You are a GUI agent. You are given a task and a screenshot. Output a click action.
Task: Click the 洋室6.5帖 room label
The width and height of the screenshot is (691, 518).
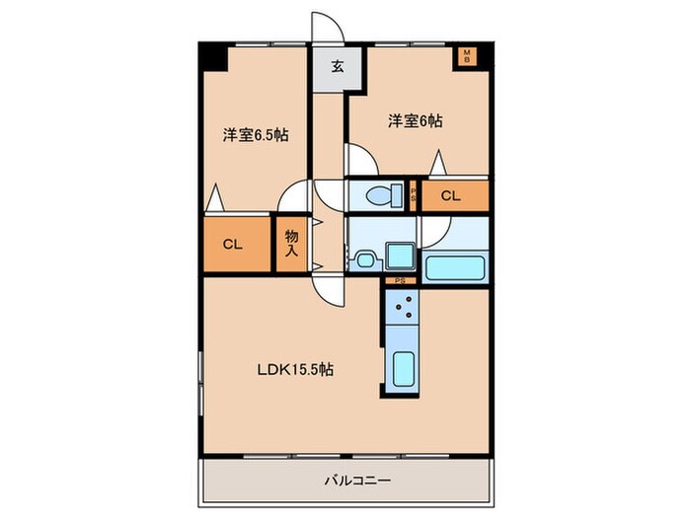(255, 134)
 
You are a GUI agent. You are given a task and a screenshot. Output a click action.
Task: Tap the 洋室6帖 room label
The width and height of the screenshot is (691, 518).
(414, 121)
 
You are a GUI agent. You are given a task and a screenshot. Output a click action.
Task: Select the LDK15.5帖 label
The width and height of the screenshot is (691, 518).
(297, 370)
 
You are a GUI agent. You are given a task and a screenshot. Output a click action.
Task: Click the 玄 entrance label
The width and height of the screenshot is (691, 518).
(337, 68)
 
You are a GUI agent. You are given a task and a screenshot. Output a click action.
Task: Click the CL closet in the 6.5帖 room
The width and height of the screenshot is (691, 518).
(234, 245)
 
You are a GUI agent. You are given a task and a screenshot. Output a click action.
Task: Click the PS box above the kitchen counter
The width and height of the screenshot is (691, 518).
(400, 281)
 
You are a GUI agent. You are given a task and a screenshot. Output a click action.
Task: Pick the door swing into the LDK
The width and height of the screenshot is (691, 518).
(328, 289)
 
